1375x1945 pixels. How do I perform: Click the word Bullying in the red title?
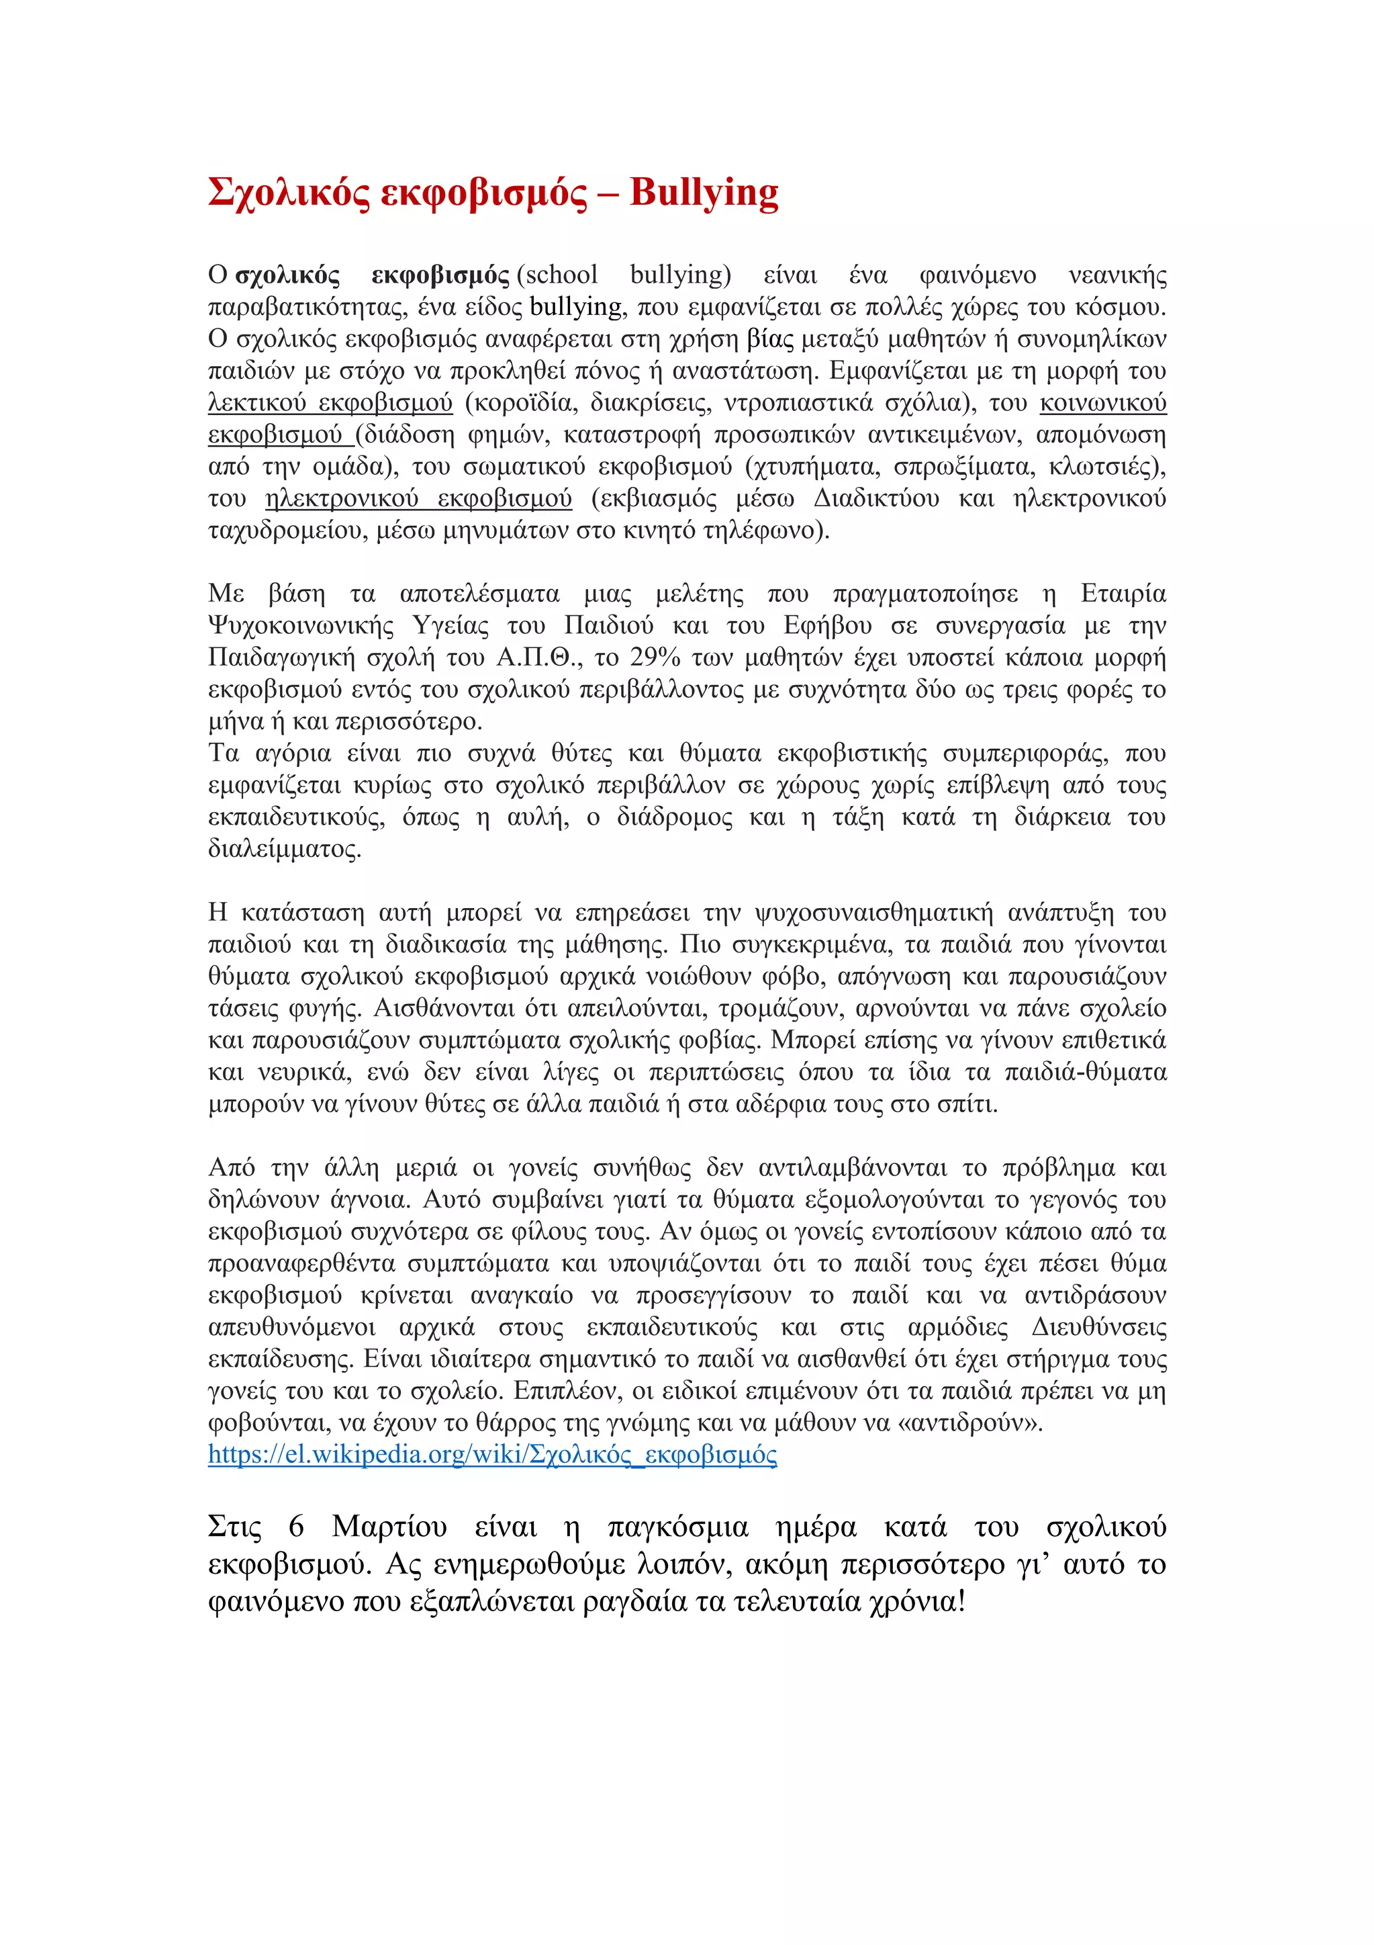pyautogui.click(x=704, y=193)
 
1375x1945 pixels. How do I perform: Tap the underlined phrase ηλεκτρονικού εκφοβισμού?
pyautogui.click(x=418, y=499)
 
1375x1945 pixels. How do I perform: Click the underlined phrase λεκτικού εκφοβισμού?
pyautogui.click(x=330, y=402)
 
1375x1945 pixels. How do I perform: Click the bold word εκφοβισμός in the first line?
pyautogui.click(x=440, y=275)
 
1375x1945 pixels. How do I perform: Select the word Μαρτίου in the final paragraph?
pyautogui.click(x=389, y=1527)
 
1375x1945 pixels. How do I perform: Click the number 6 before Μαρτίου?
pyautogui.click(x=295, y=1527)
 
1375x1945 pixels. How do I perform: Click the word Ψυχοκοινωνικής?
pyautogui.click(x=301, y=626)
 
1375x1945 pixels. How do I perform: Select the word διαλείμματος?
pyautogui.click(x=285, y=849)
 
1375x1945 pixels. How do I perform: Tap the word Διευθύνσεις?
pyautogui.click(x=1098, y=1326)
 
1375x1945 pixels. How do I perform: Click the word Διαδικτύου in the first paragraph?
pyautogui.click(x=876, y=499)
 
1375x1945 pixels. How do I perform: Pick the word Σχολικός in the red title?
pyautogui.click(x=289, y=193)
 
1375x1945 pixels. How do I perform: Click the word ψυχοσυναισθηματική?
pyautogui.click(x=873, y=913)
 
